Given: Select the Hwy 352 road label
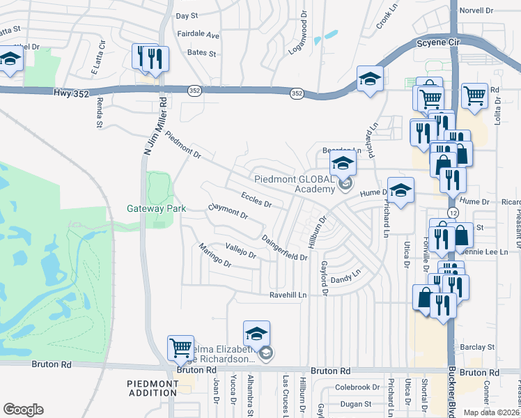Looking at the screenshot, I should click(71, 93).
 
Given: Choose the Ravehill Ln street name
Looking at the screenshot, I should click(288, 295).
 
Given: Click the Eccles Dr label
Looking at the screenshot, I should click(256, 199).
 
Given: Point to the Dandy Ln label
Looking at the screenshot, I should click(348, 277).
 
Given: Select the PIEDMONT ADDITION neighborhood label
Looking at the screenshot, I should click(153, 388).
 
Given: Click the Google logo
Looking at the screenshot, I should click(23, 410).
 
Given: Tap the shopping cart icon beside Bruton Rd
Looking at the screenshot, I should click(180, 346).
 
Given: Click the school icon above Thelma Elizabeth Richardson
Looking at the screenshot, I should click(256, 333).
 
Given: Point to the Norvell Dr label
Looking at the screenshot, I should click(476, 11).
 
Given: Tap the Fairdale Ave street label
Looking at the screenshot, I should click(198, 35).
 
